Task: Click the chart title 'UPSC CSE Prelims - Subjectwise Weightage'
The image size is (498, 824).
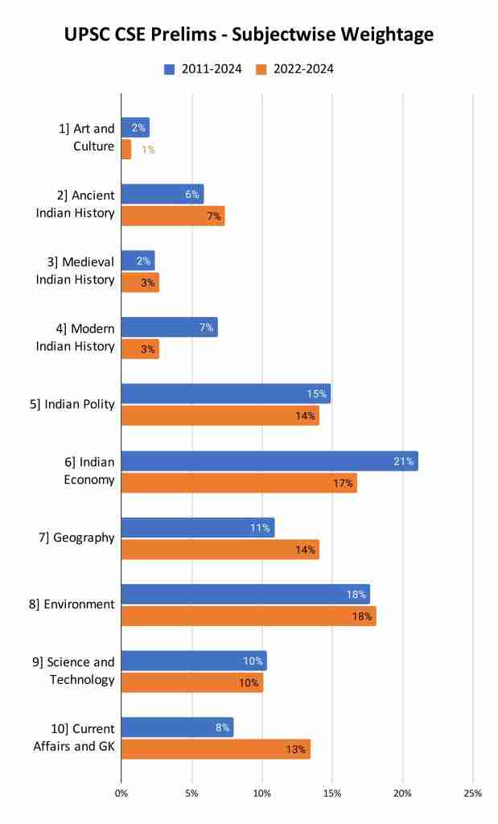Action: click(x=249, y=34)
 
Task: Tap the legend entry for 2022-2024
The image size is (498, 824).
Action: click(x=294, y=69)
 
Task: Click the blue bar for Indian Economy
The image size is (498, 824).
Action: click(x=269, y=461)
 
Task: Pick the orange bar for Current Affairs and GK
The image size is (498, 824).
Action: click(x=216, y=749)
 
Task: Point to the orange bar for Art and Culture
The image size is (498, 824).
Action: click(x=126, y=150)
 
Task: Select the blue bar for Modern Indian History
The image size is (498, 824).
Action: click(x=169, y=328)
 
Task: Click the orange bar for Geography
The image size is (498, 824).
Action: click(x=220, y=550)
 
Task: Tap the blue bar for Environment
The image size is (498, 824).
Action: click(x=245, y=595)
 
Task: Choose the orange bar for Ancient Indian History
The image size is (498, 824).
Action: click(x=172, y=216)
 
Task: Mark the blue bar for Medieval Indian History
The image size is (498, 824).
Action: click(x=138, y=261)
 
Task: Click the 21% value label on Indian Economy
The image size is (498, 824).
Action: click(x=403, y=461)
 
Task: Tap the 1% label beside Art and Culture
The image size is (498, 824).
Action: click(x=148, y=150)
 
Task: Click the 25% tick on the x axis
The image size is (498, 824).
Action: click(x=472, y=793)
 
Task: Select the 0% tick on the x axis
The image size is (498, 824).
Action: click(x=121, y=793)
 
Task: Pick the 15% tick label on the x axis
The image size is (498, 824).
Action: click(x=331, y=793)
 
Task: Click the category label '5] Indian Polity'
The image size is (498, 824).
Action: click(x=72, y=405)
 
